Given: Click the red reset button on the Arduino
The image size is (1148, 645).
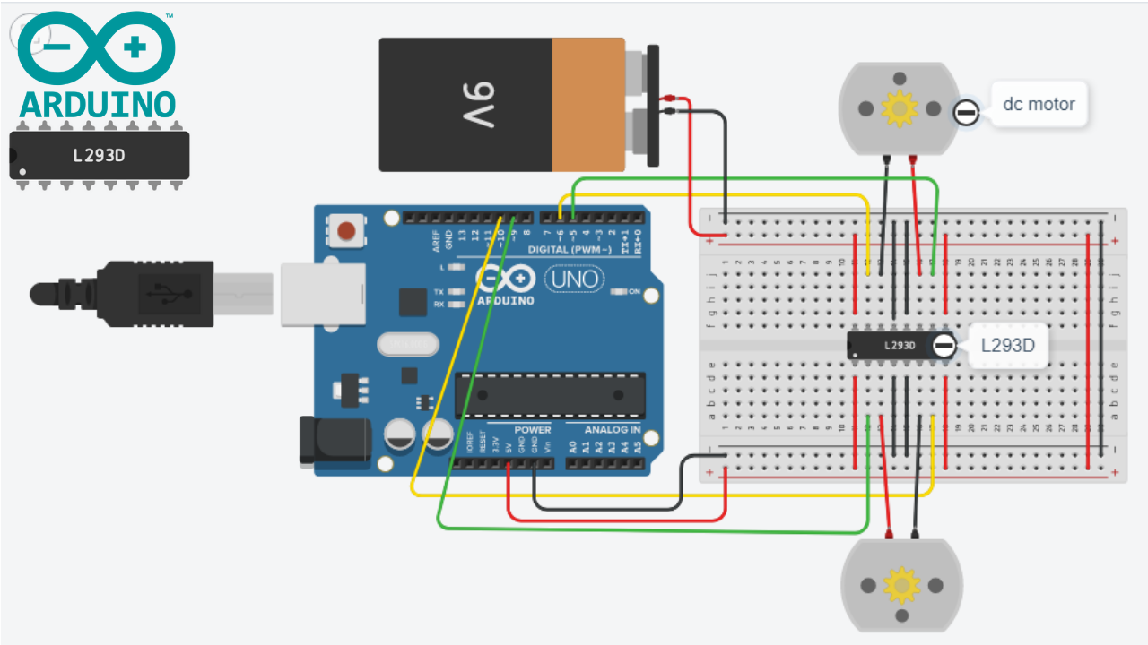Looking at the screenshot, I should point(345,233).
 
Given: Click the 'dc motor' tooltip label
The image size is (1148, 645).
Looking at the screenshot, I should point(1039,104).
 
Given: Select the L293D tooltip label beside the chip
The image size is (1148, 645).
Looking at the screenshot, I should point(1008,345).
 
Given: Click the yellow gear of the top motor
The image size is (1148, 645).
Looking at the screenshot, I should point(898,108).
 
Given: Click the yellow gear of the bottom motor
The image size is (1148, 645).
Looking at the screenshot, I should point(900,585).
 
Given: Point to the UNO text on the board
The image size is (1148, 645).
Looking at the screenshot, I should point(575,279).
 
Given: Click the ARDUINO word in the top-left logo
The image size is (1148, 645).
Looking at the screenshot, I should point(97,104).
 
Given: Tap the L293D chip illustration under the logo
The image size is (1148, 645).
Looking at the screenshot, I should point(99,156).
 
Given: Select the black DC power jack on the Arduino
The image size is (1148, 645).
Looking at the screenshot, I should point(335,441).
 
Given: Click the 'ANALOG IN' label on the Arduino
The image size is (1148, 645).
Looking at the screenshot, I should point(613,430).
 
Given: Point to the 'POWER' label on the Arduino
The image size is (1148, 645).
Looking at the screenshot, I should point(533,430).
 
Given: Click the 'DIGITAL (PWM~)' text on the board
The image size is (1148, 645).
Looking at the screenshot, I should point(570,249).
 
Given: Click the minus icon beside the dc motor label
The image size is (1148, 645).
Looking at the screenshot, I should point(965,113).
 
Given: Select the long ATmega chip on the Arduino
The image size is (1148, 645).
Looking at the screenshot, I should point(550,395).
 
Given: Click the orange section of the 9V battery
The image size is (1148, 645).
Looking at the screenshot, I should point(587,104).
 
